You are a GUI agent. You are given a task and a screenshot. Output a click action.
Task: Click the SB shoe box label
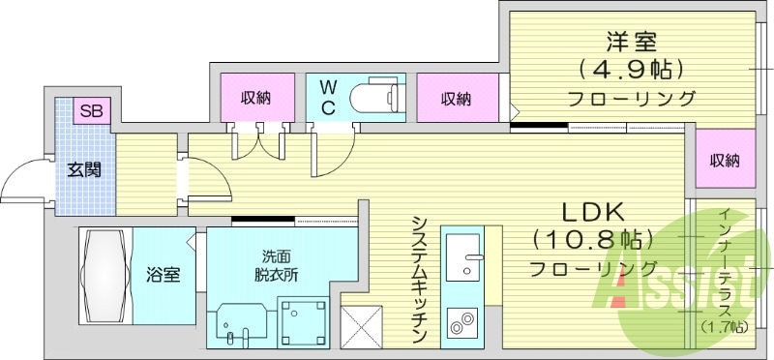coord(92,110)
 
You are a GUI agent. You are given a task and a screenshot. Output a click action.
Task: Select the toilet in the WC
coord(372,97)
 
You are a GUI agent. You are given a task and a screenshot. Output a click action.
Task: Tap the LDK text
coord(592,212)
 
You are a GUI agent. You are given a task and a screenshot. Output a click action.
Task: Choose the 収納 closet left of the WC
coord(255,97)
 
